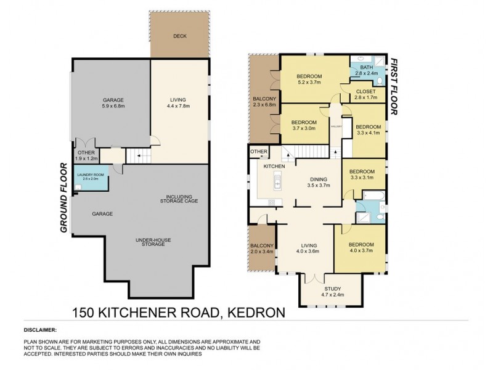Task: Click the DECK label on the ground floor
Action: click(180, 36)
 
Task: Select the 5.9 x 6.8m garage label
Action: click(113, 103)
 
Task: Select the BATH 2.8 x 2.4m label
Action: click(367, 70)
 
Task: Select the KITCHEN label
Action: click(274, 167)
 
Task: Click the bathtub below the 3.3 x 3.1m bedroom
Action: click(372, 197)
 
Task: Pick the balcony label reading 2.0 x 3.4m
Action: click(262, 250)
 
